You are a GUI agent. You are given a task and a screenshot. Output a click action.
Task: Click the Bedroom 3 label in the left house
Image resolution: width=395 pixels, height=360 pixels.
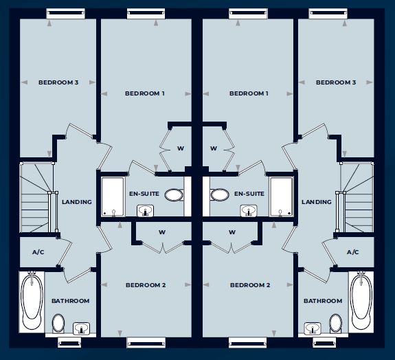[x=58, y=82]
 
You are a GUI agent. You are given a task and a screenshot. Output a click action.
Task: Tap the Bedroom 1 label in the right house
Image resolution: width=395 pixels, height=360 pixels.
[x=249, y=93]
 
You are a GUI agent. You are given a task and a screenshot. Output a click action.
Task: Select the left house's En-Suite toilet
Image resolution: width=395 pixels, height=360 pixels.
[x=174, y=195]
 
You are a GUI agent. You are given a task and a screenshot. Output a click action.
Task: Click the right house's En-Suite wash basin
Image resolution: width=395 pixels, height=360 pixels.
[x=249, y=211]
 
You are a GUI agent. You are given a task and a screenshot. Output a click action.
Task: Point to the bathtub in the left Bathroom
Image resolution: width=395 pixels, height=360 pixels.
[x=32, y=302]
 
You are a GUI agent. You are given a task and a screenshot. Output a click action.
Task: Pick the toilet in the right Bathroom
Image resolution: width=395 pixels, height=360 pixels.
[x=336, y=323]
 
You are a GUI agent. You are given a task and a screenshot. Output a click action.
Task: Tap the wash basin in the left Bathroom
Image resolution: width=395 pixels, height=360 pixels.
[x=81, y=328]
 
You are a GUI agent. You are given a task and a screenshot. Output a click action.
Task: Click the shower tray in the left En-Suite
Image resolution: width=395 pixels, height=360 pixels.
[x=113, y=196]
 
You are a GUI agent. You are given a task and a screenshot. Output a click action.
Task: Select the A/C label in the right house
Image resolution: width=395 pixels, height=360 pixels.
[x=352, y=252]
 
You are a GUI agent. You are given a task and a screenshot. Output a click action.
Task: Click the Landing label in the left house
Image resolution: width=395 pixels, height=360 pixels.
[x=77, y=202]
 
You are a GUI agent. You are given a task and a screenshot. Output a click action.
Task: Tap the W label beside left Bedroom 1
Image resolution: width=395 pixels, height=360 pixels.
[x=181, y=148]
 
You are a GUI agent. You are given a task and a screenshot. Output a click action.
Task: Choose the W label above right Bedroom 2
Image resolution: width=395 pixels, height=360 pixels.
[x=232, y=232]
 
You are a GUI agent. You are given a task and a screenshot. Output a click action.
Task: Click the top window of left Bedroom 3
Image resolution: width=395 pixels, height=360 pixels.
[x=65, y=13]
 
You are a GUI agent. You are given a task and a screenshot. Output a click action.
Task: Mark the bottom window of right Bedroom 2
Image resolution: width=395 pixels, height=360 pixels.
[x=247, y=343]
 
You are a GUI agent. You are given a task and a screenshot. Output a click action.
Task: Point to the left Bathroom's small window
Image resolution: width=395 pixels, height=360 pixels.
[x=69, y=343]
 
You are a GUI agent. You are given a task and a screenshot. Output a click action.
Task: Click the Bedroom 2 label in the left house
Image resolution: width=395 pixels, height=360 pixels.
[x=146, y=285]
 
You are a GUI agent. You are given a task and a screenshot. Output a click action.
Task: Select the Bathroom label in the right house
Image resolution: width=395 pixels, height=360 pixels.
[x=323, y=301]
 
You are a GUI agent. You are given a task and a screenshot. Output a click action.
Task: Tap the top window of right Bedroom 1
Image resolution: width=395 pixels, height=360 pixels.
[x=248, y=13]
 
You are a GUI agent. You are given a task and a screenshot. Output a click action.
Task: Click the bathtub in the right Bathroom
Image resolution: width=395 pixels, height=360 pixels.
[x=362, y=302]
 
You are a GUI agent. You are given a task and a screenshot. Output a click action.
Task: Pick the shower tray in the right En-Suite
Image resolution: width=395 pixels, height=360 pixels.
[x=281, y=196]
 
